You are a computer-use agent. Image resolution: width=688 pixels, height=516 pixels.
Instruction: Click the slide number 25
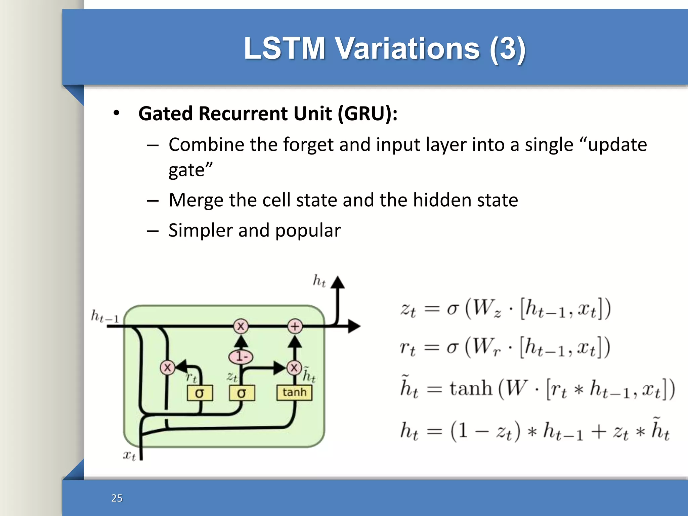click(x=117, y=498)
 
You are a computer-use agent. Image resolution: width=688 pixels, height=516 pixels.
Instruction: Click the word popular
click(x=308, y=231)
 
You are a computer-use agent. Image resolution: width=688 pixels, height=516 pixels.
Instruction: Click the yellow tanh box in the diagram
click(x=294, y=392)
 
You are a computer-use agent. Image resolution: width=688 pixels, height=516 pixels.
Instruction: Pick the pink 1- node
click(x=241, y=356)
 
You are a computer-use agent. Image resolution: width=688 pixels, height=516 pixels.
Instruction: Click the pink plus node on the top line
click(x=295, y=326)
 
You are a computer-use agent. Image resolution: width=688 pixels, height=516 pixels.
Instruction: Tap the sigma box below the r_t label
click(x=200, y=393)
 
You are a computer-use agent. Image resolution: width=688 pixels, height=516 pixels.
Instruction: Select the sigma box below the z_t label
click(x=242, y=393)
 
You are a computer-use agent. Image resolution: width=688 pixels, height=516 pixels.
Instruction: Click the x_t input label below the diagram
click(x=129, y=455)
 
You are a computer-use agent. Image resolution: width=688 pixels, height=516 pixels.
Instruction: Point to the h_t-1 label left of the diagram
click(x=105, y=316)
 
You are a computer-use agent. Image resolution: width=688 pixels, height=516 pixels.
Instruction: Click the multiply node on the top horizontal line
click(x=241, y=326)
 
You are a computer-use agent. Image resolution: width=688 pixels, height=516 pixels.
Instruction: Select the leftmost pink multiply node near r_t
click(x=167, y=367)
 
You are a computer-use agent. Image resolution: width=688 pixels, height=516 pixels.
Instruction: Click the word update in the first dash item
click(x=617, y=145)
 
